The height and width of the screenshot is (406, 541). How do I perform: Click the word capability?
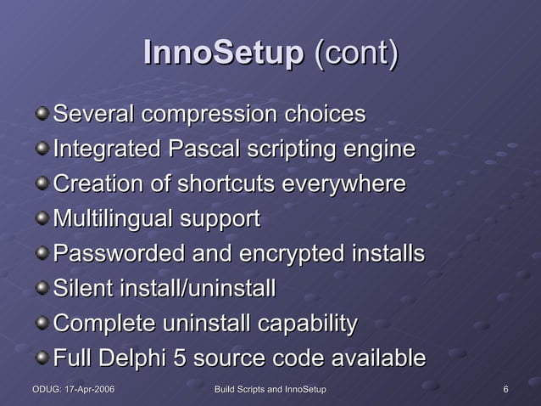[306, 324]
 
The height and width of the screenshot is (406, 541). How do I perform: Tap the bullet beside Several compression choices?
[42, 113]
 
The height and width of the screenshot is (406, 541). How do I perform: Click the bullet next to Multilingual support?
[42, 218]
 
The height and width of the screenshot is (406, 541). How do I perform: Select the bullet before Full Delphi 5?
[42, 358]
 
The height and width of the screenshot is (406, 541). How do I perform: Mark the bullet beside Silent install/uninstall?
[42, 288]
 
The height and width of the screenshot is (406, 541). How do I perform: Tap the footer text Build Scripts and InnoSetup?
[270, 390]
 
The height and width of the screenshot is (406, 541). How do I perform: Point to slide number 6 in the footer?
[505, 390]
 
